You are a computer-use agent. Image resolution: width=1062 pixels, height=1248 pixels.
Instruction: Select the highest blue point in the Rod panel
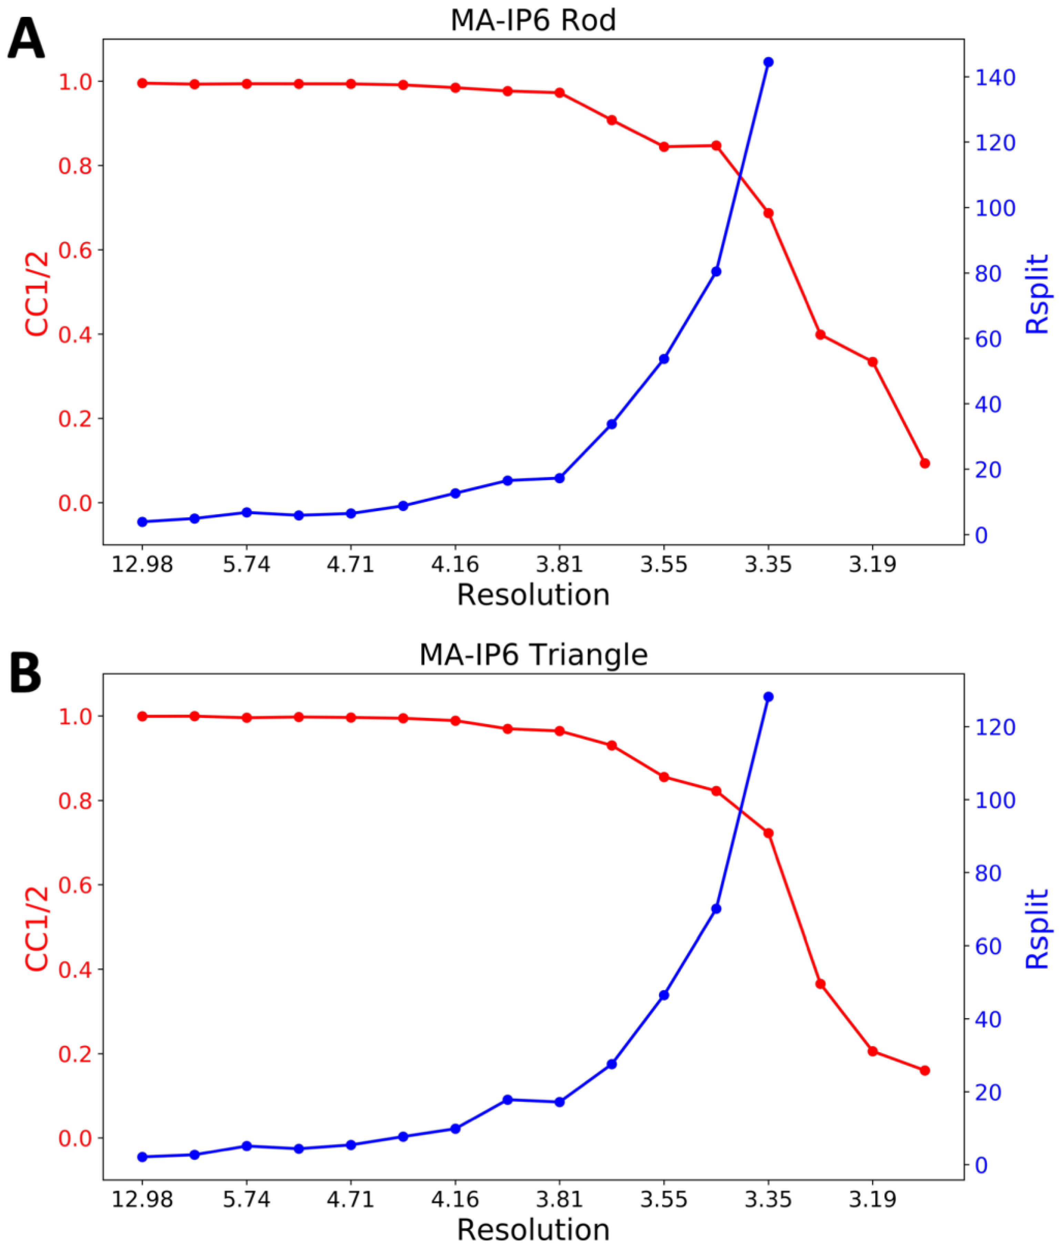coord(768,62)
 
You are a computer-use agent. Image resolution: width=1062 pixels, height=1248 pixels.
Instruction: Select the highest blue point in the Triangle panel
coord(768,697)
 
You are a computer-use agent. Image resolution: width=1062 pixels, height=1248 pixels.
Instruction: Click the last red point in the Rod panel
coord(925,463)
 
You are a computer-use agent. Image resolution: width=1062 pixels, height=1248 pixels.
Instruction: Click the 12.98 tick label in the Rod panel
coord(142,565)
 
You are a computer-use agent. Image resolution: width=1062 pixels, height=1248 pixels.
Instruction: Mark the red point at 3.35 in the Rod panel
coord(768,213)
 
